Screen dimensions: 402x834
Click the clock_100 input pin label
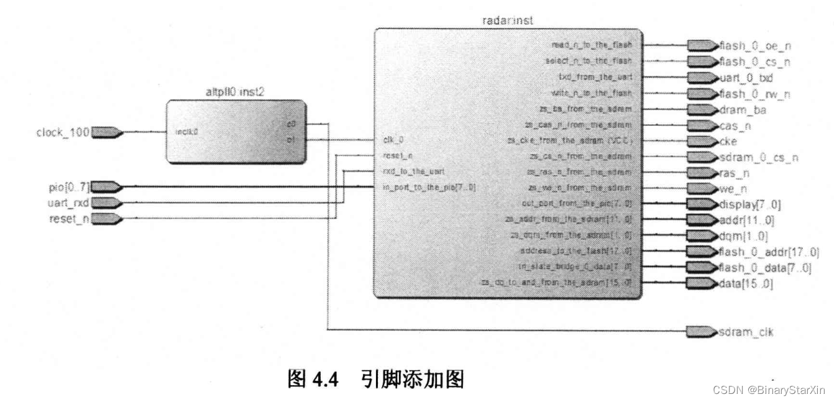pyautogui.click(x=63, y=132)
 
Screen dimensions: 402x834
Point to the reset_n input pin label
pyautogui.click(x=70, y=219)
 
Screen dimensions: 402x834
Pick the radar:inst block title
pyautogui.click(x=507, y=21)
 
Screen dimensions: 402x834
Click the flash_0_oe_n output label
pyautogui.click(x=754, y=46)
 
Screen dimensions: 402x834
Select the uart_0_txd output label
pyautogui.click(x=746, y=78)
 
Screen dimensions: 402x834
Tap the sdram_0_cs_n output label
pyautogui.click(x=758, y=158)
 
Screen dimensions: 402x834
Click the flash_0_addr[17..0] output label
pyautogui.click(x=768, y=252)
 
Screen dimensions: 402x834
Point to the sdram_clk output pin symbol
pyautogui.click(x=701, y=332)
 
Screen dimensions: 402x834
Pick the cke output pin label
pyautogui.click(x=728, y=141)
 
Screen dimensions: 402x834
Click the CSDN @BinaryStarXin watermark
pyautogui.click(x=769, y=390)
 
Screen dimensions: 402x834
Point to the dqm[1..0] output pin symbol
pyautogui.click(x=701, y=236)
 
